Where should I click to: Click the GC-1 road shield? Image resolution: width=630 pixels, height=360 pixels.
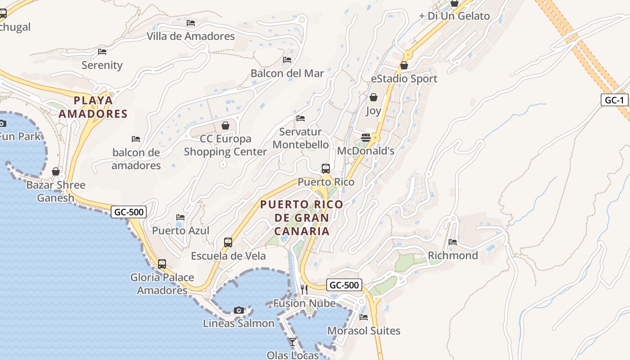click(614, 100)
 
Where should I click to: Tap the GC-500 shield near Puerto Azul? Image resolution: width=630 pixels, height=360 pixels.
click(129, 212)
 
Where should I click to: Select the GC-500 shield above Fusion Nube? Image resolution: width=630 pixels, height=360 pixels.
click(344, 285)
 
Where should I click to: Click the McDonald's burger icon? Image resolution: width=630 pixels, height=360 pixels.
click(366, 137)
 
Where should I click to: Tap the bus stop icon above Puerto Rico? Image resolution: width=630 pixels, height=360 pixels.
click(326, 169)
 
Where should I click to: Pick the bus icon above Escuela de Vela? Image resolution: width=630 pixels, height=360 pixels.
click(228, 243)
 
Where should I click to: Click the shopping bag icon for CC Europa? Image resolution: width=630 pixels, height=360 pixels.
click(225, 126)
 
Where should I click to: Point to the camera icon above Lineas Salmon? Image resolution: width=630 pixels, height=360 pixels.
click(239, 310)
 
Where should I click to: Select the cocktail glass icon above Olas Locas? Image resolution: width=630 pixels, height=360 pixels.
click(292, 342)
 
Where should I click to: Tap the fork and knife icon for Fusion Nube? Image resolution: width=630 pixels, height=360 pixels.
click(304, 289)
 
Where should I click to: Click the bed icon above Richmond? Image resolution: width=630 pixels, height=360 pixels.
click(453, 242)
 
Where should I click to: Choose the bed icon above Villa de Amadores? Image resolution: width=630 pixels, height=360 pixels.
click(191, 23)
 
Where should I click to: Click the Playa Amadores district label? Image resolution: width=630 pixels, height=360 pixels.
click(93, 107)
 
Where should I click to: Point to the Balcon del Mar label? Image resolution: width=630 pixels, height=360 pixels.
click(287, 73)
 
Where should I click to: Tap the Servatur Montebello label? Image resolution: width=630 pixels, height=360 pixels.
click(301, 138)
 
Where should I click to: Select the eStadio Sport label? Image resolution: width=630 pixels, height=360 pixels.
click(404, 79)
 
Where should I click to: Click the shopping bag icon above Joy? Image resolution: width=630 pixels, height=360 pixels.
click(373, 97)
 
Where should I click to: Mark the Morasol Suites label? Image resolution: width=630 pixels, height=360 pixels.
click(364, 331)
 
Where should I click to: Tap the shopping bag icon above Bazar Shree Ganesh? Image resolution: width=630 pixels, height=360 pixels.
click(56, 171)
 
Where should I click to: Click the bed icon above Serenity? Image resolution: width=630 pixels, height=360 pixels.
click(102, 52)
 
